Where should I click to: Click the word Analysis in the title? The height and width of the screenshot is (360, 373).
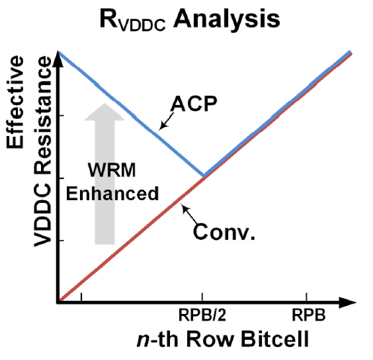tap(227, 20)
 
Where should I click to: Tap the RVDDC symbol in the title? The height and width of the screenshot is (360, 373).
tap(132, 19)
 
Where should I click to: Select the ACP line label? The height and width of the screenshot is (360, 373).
tap(194, 104)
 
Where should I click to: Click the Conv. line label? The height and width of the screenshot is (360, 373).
tap(224, 232)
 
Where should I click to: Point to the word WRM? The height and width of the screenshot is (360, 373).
tap(112, 170)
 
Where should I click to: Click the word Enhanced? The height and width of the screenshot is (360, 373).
tap(112, 194)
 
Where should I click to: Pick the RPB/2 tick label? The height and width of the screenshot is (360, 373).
tap(202, 315)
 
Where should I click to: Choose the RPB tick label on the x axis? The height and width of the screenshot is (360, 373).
tap(309, 315)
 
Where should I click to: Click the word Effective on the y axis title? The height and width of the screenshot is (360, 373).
tap(15, 102)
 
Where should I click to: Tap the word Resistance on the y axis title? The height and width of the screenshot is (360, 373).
tap(42, 116)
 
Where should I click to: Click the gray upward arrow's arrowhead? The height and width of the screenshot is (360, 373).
tap(104, 112)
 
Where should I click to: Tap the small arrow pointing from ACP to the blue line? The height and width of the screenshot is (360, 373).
tap(167, 121)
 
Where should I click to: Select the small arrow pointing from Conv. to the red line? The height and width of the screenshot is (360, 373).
tap(189, 215)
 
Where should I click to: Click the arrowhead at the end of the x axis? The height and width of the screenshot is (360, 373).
tap(348, 303)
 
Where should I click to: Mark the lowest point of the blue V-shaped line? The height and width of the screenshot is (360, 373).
tap(204, 176)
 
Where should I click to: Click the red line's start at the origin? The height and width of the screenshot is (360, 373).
tap(60, 300)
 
